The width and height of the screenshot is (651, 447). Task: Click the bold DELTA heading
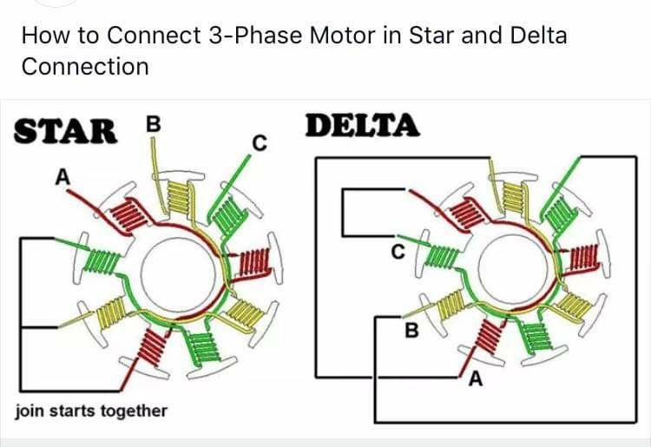pyautogui.click(x=363, y=127)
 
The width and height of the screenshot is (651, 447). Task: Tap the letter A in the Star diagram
pyautogui.click(x=62, y=176)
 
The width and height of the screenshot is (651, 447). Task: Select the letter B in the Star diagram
pyautogui.click(x=153, y=124)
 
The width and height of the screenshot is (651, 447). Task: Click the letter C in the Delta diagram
pyautogui.click(x=398, y=253)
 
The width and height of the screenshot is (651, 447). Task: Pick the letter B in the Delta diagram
pyautogui.click(x=412, y=331)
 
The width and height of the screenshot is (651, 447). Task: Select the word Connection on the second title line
pyautogui.click(x=84, y=66)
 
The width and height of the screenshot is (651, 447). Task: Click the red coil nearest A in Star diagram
pyautogui.click(x=128, y=213)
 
